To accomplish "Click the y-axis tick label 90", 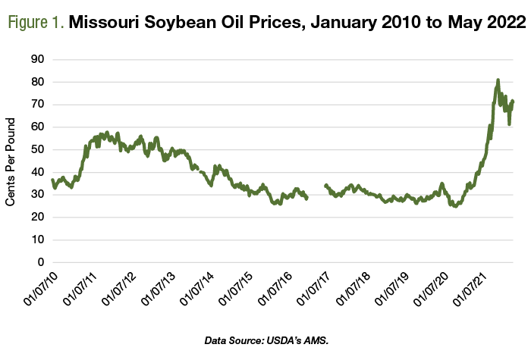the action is (x=38, y=59).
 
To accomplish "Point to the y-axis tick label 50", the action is (x=38, y=149).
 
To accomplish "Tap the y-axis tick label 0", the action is (x=41, y=262).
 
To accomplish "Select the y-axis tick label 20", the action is (x=38, y=217).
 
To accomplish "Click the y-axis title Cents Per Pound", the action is (x=11, y=161).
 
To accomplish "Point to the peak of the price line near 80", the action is (x=498, y=80).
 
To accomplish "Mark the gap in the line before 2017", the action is (x=316, y=192).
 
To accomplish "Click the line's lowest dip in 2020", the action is (x=455, y=205).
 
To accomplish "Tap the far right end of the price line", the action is (x=513, y=101).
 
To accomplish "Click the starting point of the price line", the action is (x=52, y=180).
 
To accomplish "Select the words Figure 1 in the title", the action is (x=36, y=22).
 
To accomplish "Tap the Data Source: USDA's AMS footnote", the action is (x=266, y=340).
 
